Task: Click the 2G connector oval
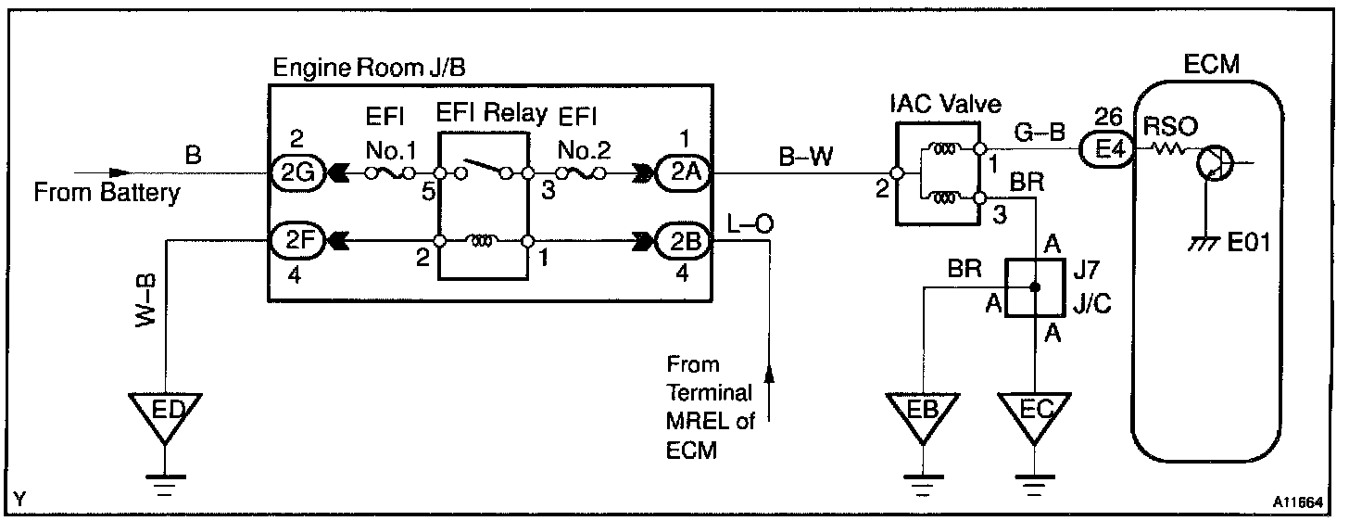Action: pos(295,173)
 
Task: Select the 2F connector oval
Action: pos(294,241)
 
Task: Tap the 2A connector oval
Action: pos(681,173)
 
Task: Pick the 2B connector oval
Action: pos(681,241)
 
